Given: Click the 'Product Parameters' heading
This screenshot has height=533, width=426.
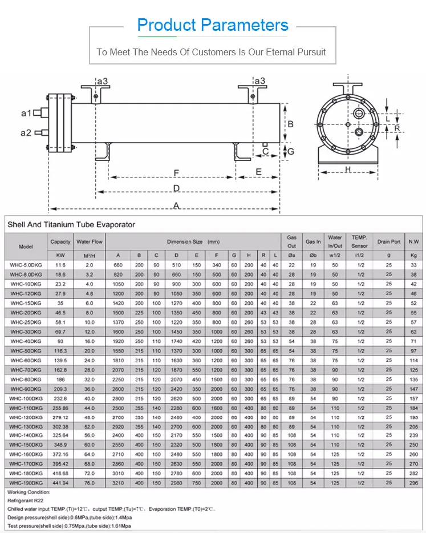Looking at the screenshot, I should click(213, 25).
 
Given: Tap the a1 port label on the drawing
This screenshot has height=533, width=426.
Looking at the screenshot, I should click(26, 114).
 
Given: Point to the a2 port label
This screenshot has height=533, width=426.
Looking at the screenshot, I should click(26, 133).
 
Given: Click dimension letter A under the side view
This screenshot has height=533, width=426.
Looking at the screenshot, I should click(177, 205).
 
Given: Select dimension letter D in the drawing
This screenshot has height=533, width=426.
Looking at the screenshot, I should click(177, 188).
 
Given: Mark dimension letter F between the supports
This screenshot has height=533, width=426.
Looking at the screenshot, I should click(177, 172).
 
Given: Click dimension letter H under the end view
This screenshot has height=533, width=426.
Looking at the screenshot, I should click(347, 169).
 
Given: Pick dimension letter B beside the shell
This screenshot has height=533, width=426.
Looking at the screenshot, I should click(290, 124).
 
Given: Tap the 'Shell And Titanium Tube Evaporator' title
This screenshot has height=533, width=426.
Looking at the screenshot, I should click(71, 224).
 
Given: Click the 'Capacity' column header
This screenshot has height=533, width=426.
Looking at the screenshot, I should click(60, 241).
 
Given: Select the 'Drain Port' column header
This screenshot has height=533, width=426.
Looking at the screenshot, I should click(389, 241).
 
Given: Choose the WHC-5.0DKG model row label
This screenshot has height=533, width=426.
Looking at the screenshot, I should click(26, 265).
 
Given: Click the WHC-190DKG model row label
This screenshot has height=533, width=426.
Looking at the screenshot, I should click(26, 482).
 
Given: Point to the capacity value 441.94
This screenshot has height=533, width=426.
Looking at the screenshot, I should click(60, 482).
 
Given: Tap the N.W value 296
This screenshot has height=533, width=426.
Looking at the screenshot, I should click(414, 482).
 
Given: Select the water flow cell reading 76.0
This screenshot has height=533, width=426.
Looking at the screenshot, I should click(89, 482).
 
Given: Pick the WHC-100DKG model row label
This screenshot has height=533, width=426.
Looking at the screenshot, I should click(26, 399).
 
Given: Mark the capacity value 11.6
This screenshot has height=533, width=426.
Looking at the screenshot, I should click(60, 265).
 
